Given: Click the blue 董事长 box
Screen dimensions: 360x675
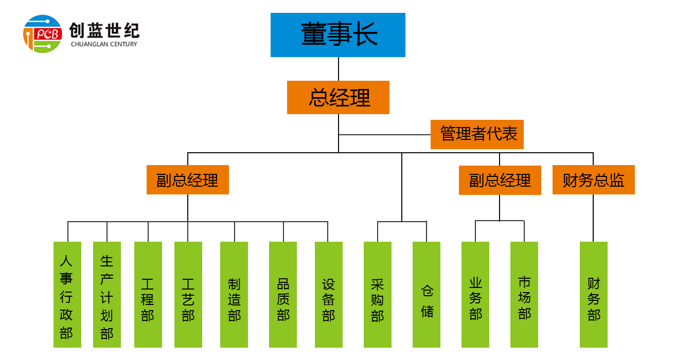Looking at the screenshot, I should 338,35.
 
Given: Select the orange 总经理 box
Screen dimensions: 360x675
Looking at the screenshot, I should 338,97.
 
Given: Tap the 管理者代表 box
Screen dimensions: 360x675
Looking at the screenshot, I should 477,134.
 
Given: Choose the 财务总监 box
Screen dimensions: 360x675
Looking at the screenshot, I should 593,180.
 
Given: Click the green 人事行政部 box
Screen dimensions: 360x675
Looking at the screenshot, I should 67,295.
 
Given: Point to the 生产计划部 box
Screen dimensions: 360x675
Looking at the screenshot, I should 107,295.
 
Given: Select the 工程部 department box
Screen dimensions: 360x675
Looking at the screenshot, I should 148,295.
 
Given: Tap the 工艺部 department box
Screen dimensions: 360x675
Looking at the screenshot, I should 188,295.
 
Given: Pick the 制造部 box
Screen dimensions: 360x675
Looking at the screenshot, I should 234,295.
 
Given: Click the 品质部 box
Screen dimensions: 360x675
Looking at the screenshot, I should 283,295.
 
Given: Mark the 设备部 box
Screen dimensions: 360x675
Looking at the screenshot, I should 329,295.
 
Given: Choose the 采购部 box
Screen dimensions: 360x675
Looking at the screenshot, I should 378,295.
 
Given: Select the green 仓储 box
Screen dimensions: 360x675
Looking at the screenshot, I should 427,295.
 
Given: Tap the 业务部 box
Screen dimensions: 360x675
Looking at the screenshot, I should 475,295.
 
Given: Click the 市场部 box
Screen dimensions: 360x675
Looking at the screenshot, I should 524,295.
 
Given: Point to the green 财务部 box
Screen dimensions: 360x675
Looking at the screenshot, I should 594,295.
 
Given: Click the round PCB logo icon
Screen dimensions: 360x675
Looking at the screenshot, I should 43,34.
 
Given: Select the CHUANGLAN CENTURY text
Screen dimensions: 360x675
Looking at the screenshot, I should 104,44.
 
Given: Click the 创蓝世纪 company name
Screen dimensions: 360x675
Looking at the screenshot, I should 104,30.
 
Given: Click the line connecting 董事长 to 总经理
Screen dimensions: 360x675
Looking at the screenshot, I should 339,69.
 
